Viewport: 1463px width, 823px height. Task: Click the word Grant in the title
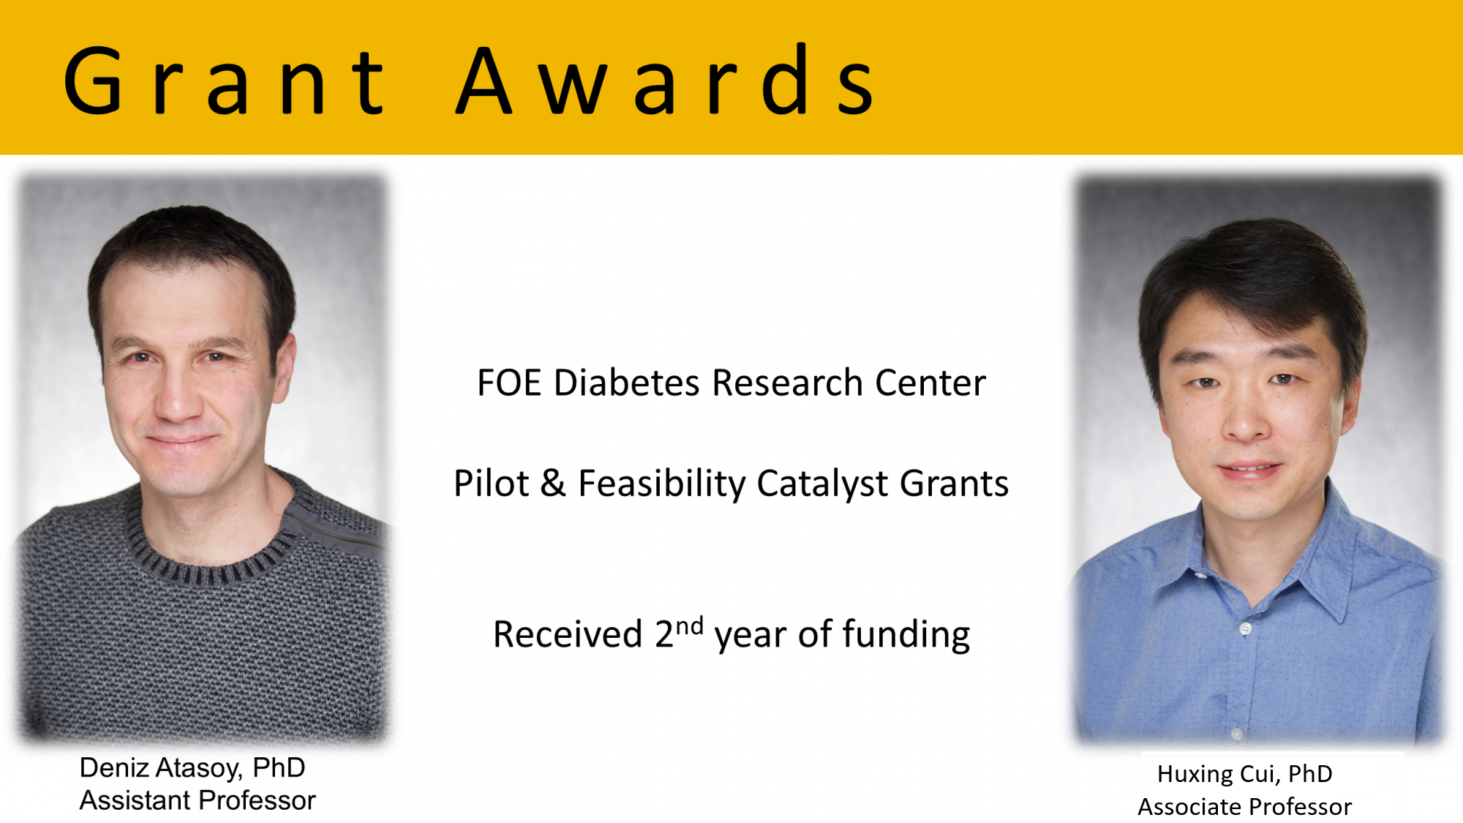click(x=225, y=80)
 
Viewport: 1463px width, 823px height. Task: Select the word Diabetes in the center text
click(x=627, y=383)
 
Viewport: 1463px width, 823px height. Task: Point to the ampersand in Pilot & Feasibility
click(x=553, y=484)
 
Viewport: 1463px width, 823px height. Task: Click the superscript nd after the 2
click(x=689, y=626)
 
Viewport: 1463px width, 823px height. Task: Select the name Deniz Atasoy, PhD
click(x=192, y=768)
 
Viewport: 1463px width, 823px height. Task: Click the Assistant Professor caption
click(x=198, y=800)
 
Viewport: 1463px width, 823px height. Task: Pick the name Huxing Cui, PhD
click(x=1244, y=774)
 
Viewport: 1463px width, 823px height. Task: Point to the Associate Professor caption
click(x=1244, y=807)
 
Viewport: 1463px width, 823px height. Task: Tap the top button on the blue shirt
click(x=1246, y=628)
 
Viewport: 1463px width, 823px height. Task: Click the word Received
click(x=568, y=634)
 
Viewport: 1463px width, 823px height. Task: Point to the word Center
click(x=930, y=383)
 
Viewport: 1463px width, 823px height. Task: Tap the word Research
click(x=787, y=383)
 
